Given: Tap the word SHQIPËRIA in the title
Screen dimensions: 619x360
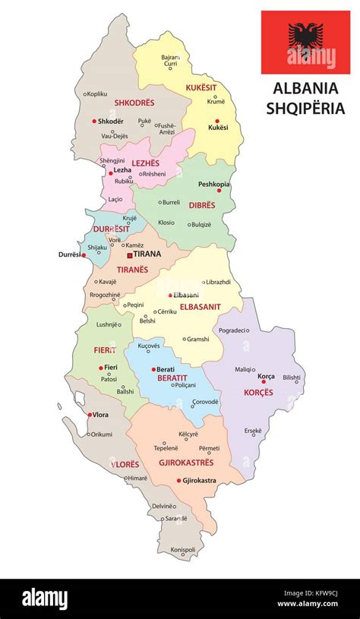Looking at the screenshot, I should [305, 108].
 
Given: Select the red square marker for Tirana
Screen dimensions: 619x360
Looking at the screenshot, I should [130, 254].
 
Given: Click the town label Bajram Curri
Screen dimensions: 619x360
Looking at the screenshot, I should [171, 62].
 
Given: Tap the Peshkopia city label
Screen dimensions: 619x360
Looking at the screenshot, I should [214, 185].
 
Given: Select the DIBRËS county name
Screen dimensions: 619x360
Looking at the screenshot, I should [203, 204].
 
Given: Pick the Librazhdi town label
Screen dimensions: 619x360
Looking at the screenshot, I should [223, 282].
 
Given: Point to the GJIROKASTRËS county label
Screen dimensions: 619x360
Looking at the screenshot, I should [186, 462].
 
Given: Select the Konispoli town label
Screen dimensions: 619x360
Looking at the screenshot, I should [183, 550].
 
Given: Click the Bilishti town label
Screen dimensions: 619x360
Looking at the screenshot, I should [292, 377].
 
